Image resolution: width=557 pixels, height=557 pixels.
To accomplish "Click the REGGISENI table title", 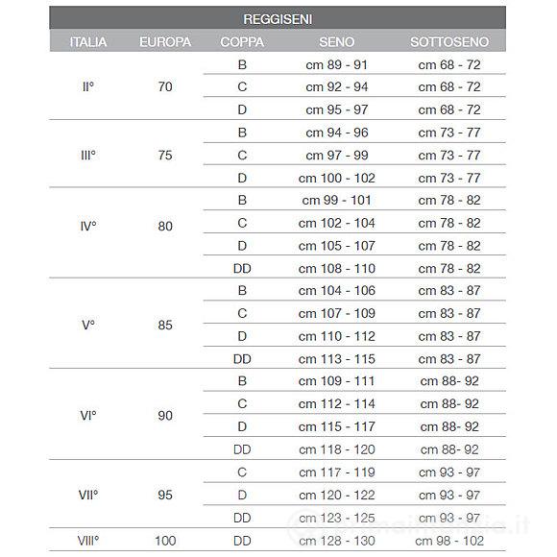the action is click(278, 18).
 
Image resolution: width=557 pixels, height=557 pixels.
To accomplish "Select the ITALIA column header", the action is click(87, 42).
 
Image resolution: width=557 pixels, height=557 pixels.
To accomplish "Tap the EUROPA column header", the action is click(165, 42).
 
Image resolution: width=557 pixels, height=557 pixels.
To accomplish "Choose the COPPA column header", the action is click(242, 42).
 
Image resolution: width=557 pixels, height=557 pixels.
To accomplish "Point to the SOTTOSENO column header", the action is click(449, 42).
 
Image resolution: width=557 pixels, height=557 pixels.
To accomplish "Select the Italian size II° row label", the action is click(87, 87).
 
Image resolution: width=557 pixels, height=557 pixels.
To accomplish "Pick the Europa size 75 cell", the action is click(165, 156).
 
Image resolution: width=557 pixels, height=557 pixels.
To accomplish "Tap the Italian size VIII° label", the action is click(87, 541).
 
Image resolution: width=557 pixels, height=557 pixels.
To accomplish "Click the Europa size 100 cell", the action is click(165, 541).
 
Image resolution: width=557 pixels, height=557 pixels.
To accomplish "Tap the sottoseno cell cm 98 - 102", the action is click(449, 541).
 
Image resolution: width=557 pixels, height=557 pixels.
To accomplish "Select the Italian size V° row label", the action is click(87, 325).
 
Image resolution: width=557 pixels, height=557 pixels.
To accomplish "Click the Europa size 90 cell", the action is click(165, 416).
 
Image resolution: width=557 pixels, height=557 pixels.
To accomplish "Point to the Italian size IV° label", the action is click(87, 228).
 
